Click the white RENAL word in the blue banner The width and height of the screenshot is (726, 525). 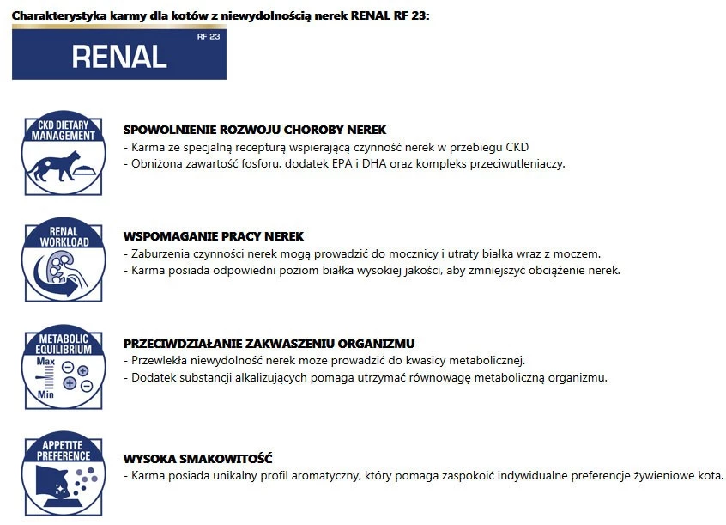[x=118, y=56]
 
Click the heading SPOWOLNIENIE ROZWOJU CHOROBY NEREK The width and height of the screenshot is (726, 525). [x=255, y=131]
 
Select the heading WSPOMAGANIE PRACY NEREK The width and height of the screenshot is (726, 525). [x=214, y=236]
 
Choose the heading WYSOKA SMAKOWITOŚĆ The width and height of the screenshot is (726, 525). [x=198, y=458]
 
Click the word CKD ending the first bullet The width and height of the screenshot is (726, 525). [x=517, y=148]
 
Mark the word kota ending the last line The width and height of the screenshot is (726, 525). [x=710, y=475]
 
